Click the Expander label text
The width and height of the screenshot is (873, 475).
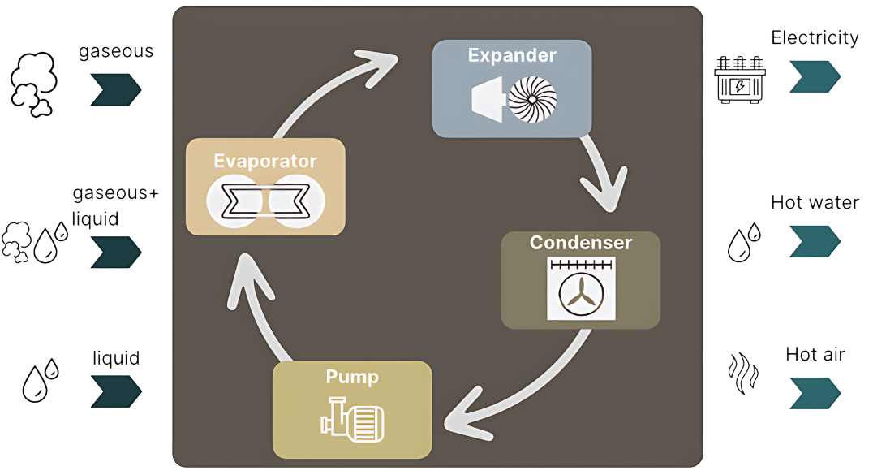(512, 56)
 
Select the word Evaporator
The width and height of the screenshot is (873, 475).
(265, 160)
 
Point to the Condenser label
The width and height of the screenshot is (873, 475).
(581, 243)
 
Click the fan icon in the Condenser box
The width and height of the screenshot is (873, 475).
(581, 289)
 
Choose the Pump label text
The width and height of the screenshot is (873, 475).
(352, 377)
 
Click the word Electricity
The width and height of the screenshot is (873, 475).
(815, 37)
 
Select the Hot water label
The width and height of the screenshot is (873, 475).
(815, 202)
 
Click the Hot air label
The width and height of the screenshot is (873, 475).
(815, 354)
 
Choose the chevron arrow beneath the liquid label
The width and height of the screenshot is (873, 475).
(115, 391)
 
